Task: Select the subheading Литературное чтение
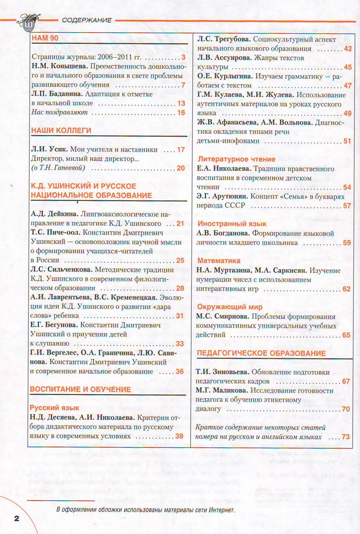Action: (x=236, y=159)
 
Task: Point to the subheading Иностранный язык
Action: (x=232, y=224)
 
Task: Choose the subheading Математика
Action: (x=219, y=261)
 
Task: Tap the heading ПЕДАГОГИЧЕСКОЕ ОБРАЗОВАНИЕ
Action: (x=261, y=353)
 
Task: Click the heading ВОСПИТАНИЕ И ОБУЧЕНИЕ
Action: (x=81, y=389)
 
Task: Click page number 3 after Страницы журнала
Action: (x=183, y=57)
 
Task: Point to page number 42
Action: (x=348, y=49)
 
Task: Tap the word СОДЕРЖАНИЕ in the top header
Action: (x=87, y=20)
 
